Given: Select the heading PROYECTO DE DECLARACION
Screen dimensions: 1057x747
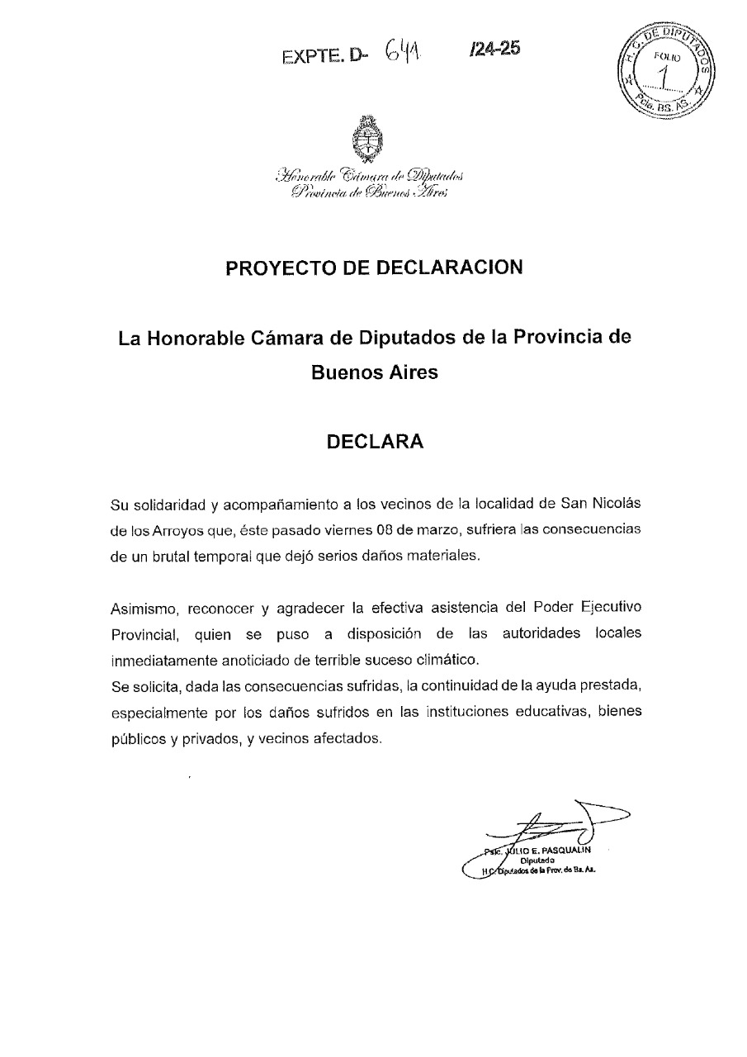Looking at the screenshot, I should pos(375,268).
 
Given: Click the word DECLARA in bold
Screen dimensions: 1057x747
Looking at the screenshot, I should pos(375,441).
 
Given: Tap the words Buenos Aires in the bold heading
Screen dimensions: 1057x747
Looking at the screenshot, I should pos(374,372).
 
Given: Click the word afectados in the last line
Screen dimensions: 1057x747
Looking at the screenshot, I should pos(347,738).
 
